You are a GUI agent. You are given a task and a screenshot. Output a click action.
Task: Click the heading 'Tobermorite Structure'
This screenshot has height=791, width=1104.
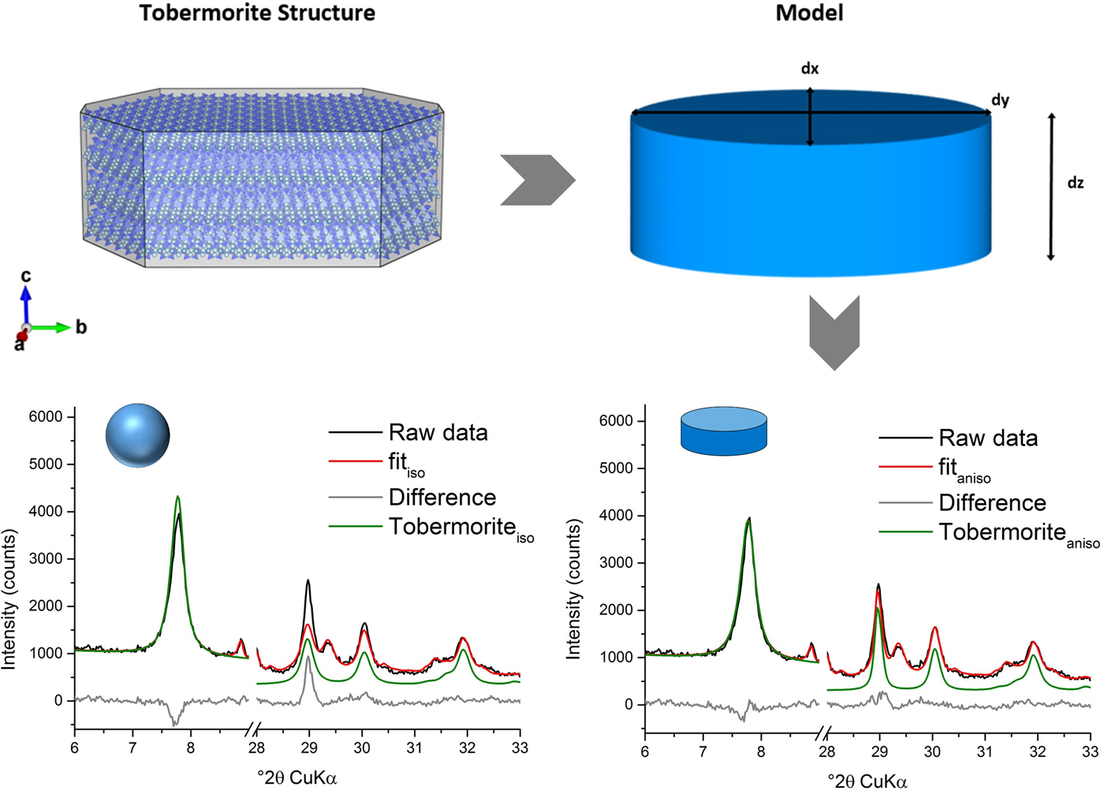pos(257,13)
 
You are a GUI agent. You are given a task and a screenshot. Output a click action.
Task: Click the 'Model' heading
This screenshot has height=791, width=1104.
pos(809,13)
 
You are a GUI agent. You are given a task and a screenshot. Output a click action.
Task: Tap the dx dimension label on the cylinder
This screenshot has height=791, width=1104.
pos(810,69)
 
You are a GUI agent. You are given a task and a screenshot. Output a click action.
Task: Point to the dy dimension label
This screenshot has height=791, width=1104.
pos(1001,100)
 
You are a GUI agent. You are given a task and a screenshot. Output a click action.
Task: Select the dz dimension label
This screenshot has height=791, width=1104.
pos(1076,183)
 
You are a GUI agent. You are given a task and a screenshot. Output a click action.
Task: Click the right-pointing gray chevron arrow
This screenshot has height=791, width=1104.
pos(538,180)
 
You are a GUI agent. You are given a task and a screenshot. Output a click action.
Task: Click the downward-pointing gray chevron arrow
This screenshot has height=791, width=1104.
pos(834,333)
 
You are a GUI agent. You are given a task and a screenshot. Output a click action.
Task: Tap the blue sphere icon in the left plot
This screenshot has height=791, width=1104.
pos(137,435)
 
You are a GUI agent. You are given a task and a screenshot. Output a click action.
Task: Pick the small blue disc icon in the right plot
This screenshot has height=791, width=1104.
pos(724,431)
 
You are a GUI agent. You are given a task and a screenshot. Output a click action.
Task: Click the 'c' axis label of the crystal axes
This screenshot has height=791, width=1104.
pos(25,275)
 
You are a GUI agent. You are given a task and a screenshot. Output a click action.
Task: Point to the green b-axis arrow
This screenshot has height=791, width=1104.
pos(49,327)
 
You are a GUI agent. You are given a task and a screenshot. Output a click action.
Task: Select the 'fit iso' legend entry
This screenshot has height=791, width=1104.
pos(377,463)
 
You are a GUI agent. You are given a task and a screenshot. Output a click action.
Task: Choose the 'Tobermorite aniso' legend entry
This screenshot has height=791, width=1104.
pos(990,534)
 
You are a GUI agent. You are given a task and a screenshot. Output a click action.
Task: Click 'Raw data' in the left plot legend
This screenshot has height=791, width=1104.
pos(408,432)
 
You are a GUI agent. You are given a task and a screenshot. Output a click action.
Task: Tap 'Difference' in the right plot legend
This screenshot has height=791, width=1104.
pos(963,502)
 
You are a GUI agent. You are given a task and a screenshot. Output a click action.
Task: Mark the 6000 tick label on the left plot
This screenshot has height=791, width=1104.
pos(46,416)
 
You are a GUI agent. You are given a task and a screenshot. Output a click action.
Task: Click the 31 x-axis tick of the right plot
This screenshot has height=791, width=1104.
pos(985,752)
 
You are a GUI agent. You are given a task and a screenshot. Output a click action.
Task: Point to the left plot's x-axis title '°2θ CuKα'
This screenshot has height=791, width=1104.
pos(297,778)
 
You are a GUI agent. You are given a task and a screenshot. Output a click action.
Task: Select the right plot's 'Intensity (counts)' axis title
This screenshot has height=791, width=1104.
pos(573,589)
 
